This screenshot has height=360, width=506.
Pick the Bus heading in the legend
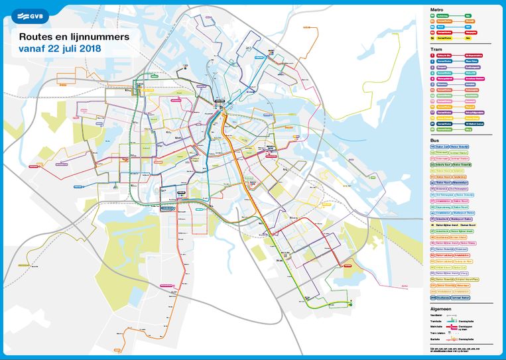point(435,141)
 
